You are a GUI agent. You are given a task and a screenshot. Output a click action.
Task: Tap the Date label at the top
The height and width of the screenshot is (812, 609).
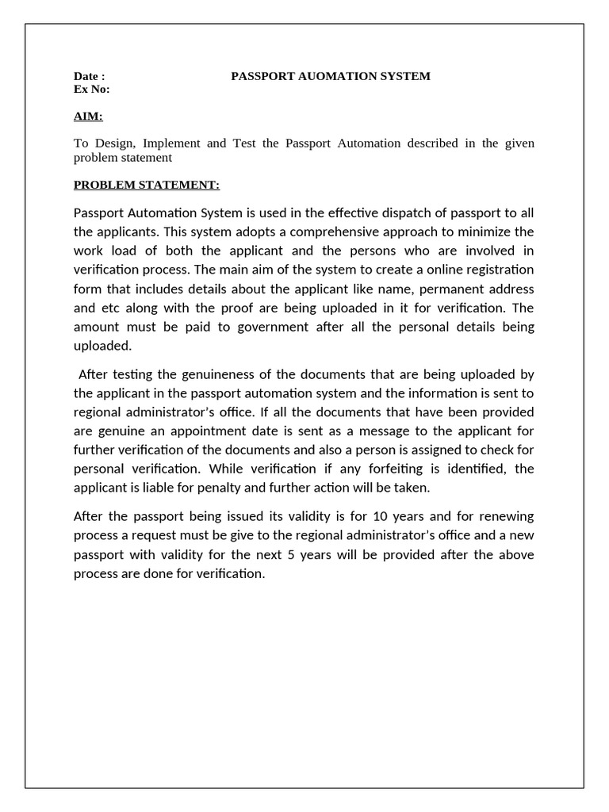(89, 76)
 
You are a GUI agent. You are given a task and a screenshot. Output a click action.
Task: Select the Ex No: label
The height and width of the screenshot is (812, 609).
(91, 89)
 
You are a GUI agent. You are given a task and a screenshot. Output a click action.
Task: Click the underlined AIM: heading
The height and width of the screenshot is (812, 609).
(88, 117)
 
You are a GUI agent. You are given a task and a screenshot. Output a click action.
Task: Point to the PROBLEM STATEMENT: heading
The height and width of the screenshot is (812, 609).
(146, 185)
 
